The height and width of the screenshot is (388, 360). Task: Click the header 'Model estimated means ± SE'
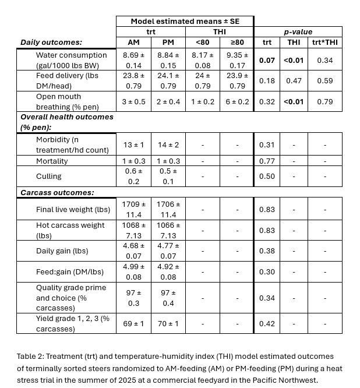pyautogui.click(x=184, y=21)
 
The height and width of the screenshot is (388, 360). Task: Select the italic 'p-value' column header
pyautogui.click(x=298, y=31)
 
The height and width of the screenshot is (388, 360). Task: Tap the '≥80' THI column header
pyautogui.click(x=237, y=42)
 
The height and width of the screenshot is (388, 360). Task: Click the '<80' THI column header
pyautogui.click(x=202, y=42)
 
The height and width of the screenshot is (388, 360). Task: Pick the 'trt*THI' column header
pyautogui.click(x=325, y=42)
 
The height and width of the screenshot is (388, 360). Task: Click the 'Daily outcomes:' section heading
pyautogui.click(x=51, y=42)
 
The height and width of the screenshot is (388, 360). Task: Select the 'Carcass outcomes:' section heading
pyautogui.click(x=57, y=192)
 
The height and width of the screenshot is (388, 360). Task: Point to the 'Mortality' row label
pyautogui.click(x=52, y=161)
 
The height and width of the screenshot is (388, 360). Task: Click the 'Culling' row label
pyautogui.click(x=49, y=176)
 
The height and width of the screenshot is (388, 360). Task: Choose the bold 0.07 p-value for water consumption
pyautogui.click(x=267, y=60)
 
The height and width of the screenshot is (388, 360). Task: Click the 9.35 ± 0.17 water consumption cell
pyautogui.click(x=237, y=60)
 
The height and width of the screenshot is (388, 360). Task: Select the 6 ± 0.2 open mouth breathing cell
pyautogui.click(x=237, y=101)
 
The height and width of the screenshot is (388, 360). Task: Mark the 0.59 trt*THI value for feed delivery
pyautogui.click(x=325, y=81)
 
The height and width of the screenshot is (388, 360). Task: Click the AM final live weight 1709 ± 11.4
pyautogui.click(x=133, y=209)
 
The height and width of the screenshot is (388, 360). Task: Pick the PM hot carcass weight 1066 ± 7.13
pyautogui.click(x=167, y=230)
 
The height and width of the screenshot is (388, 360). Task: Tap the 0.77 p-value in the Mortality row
pyautogui.click(x=267, y=161)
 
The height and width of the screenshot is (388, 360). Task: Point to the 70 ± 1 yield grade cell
pyautogui.click(x=167, y=323)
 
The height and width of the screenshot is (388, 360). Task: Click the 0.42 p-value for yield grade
pyautogui.click(x=267, y=323)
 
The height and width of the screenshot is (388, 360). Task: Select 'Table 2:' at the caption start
pyautogui.click(x=32, y=356)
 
